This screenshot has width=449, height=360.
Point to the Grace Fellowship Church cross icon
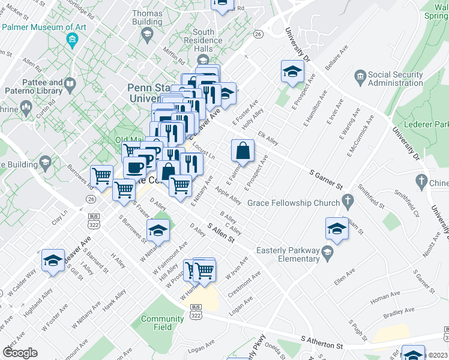click(346, 199)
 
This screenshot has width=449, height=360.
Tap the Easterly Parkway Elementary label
click(288, 254)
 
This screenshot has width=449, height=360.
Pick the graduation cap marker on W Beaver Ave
click(53, 260)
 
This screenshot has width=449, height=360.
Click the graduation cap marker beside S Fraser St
click(158, 230)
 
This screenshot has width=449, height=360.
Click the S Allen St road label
click(220, 232)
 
